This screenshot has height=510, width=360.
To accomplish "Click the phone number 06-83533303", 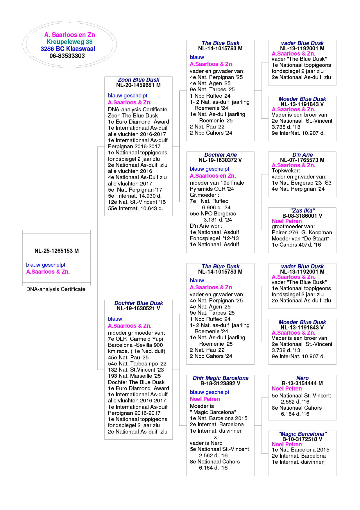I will coord(67,56).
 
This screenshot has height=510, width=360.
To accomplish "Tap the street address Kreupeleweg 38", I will coord(69,42).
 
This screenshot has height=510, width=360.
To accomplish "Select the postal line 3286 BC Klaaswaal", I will coord(68,49).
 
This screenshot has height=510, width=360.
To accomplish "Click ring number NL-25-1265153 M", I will coord(56,251).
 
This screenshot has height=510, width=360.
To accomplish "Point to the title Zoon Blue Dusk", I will coord(138,80).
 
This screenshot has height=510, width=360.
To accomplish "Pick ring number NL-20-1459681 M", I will coord(138,85).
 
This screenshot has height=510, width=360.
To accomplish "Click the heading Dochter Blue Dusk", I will coord(138,303).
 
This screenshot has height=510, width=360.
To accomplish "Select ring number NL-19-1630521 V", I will coord(138,309).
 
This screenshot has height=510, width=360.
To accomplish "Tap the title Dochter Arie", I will coord(221,155).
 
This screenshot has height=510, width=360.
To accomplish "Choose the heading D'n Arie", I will coord(302,155).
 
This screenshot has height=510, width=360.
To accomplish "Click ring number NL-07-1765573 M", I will coord(302,160).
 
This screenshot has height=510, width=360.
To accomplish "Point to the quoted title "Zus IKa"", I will coord(302,211).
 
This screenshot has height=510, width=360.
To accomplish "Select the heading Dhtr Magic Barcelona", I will coord(221,378).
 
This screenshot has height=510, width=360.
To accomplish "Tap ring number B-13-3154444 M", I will coord(302,383).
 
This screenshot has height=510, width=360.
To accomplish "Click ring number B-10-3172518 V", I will coord(302,439).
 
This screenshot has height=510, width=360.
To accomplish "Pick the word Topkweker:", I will coord(286,171).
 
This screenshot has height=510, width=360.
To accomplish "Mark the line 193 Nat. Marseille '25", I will coord(134,376).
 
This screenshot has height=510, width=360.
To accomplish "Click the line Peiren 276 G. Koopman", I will coord(302,232).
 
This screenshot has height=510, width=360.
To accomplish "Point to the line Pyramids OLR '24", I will coord(212,189).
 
